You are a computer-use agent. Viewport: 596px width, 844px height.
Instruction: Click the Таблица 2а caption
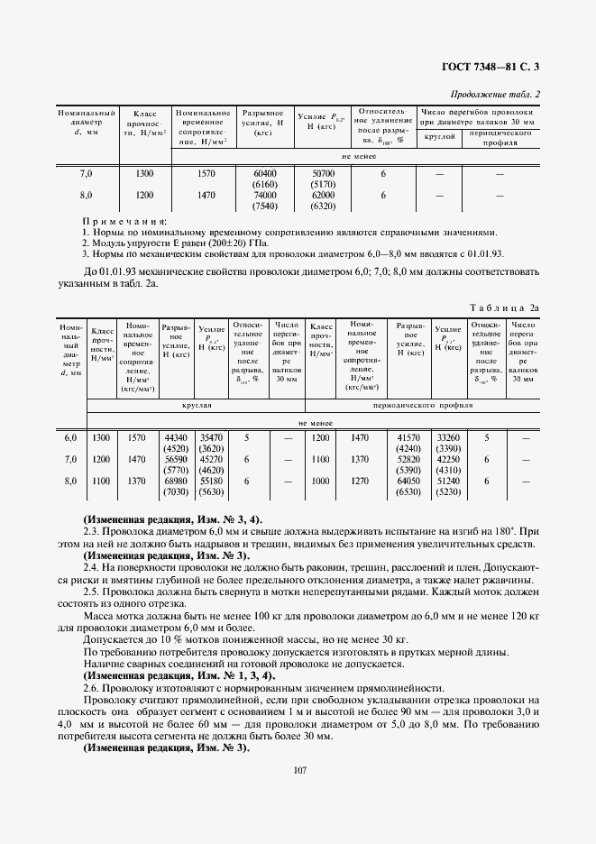[505, 308]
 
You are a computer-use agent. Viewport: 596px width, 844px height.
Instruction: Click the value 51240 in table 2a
[448, 482]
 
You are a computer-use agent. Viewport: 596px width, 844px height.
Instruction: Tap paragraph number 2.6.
[93, 687]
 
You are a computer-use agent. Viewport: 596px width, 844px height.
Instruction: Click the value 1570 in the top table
[206, 172]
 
